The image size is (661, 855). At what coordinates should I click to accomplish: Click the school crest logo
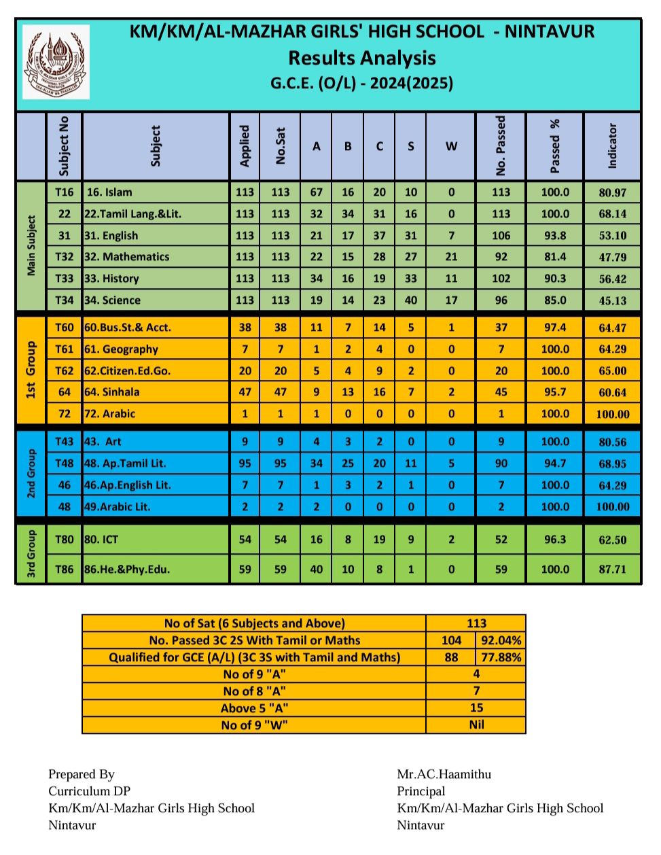[x=56, y=63]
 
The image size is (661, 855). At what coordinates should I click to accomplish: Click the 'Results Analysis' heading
[x=361, y=58]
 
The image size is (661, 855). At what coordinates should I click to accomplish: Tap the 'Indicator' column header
[x=612, y=146]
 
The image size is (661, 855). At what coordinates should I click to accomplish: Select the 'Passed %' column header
[x=555, y=146]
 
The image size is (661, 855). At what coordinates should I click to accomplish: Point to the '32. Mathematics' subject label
[x=127, y=257]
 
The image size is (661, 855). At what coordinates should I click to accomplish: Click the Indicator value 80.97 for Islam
[x=612, y=192]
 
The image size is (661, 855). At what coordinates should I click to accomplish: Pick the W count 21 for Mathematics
[x=451, y=257]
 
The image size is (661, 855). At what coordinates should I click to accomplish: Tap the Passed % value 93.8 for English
[x=555, y=235]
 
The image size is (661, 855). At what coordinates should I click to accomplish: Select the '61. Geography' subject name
[x=121, y=349]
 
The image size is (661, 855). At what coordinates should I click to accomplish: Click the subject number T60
[x=65, y=328]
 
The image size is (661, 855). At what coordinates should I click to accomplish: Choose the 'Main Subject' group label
[x=31, y=246]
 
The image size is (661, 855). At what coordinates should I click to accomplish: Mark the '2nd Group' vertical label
[x=31, y=474]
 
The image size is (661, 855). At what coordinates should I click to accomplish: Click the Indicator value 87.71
[x=612, y=570]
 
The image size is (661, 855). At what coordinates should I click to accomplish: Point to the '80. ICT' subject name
[x=101, y=540]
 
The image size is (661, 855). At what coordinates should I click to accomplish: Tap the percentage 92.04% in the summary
[x=501, y=640]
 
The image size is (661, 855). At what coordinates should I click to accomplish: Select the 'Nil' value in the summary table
[x=476, y=725]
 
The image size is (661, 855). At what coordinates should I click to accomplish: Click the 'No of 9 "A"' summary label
[x=254, y=674]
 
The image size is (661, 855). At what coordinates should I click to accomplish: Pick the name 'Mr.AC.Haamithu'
[x=444, y=774]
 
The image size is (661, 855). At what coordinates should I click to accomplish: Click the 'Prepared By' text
[x=82, y=774]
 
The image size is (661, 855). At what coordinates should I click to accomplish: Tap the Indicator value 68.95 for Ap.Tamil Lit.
[x=612, y=464]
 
